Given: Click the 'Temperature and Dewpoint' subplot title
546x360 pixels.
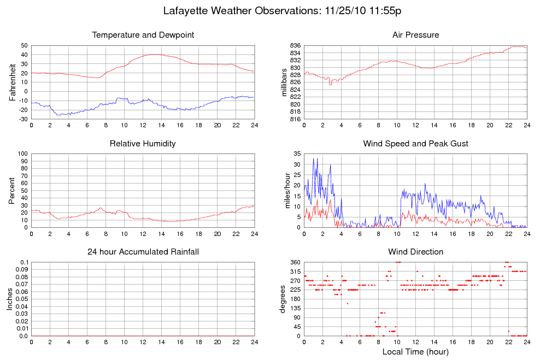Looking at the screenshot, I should click(143, 35).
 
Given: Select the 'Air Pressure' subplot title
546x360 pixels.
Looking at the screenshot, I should click(415, 35).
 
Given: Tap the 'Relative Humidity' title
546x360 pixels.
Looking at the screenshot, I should click(143, 144).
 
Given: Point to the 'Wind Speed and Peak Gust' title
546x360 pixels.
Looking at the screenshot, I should click(415, 144).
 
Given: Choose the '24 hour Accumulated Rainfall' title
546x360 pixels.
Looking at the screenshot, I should click(143, 252).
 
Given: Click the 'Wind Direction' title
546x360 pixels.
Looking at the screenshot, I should click(415, 252).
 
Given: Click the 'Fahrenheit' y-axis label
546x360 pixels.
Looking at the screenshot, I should click(13, 82).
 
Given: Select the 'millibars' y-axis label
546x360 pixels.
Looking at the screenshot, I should click(284, 82).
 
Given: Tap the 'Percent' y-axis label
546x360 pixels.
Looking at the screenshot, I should click(13, 190).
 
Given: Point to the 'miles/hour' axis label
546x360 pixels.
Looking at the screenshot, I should click(284, 190).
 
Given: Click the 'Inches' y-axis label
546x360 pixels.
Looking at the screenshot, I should click(9, 299).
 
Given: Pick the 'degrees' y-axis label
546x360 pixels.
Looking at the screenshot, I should click(283, 299).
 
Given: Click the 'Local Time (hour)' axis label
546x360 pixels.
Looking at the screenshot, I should click(415, 351).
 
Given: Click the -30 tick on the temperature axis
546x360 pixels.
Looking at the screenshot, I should click(23, 119).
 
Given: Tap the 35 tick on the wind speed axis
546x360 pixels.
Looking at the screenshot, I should click(297, 154).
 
